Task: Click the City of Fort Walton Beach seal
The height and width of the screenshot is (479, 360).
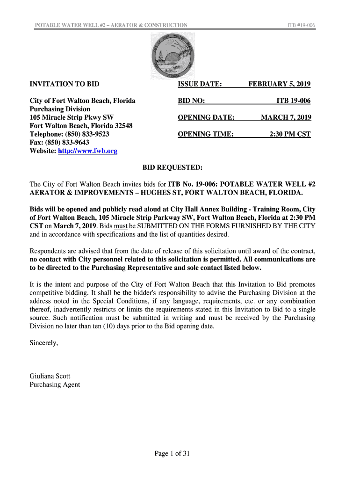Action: pos(173,55)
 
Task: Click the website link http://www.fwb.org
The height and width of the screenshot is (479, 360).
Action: pos(87,151)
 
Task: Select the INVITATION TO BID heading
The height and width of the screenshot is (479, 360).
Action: pos(65,84)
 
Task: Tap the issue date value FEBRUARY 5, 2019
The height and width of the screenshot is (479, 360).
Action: pos(279,84)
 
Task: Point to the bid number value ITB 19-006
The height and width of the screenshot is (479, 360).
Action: pos(293,101)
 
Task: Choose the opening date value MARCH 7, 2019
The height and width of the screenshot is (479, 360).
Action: pos(286,117)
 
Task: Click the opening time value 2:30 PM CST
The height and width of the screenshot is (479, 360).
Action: pos(290,134)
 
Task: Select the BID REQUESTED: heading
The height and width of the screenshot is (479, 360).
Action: pos(173,167)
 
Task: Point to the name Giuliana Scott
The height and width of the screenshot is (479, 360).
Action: pos(50,376)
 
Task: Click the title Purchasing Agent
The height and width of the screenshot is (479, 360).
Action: pos(55,385)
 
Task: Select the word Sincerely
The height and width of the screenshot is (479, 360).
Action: pos(44,342)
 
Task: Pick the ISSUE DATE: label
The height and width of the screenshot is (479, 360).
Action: pos(200,84)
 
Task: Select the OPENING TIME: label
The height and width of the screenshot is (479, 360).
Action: pos(206,134)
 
